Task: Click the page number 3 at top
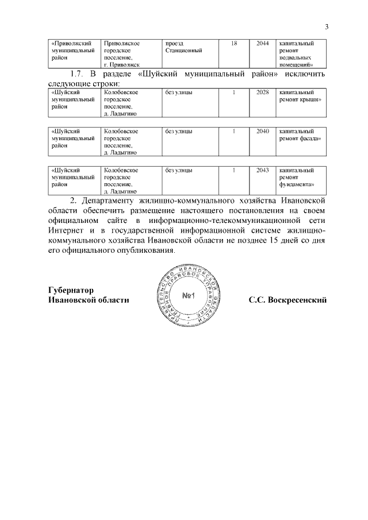326,26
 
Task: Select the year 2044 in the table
262,43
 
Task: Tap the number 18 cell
233,43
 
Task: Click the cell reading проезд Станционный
183,47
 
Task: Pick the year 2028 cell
262,92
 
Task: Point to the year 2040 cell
262,131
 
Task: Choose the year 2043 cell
262,170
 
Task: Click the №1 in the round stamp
189,296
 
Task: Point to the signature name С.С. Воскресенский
287,300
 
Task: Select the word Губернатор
71,290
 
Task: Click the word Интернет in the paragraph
65,231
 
